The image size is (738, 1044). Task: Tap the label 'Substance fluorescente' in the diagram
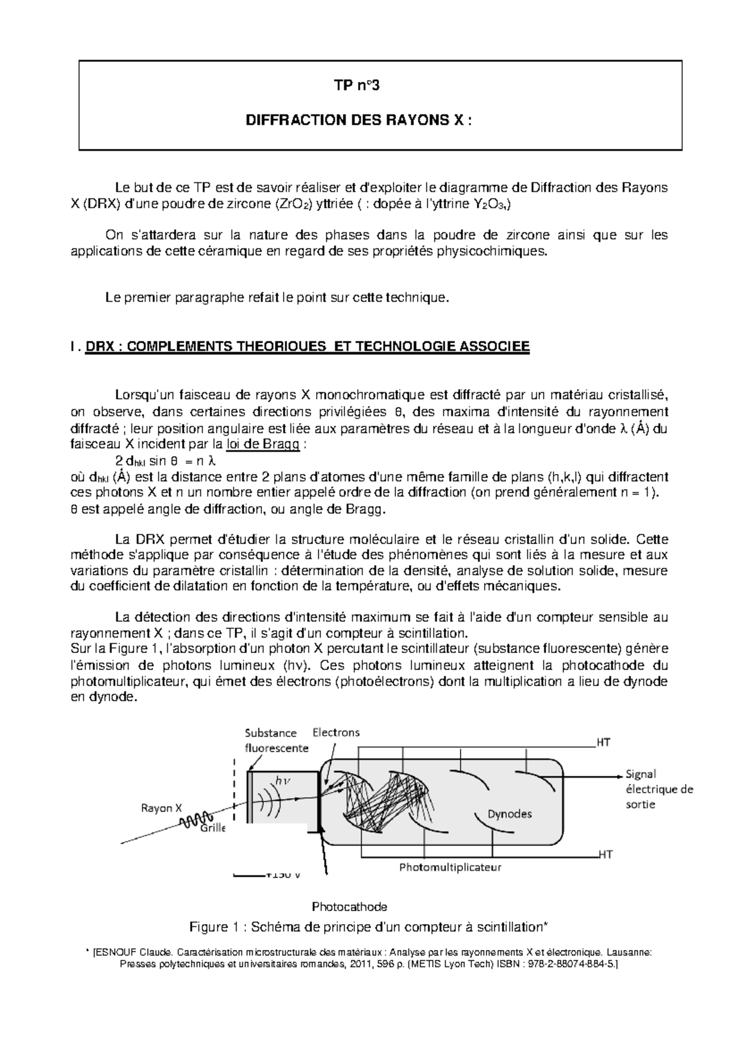(x=276, y=740)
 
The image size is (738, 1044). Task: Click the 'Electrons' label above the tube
(x=336, y=732)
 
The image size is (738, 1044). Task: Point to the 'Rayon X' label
(x=161, y=808)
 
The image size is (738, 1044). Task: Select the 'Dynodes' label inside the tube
(x=509, y=813)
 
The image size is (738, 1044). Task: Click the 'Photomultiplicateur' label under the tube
(x=450, y=868)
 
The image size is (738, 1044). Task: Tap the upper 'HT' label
(x=603, y=742)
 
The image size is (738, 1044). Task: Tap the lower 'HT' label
(x=605, y=854)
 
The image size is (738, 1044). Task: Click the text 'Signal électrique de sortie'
(x=658, y=789)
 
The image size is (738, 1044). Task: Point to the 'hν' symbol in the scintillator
(x=283, y=780)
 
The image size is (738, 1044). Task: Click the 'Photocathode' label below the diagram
(x=349, y=907)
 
